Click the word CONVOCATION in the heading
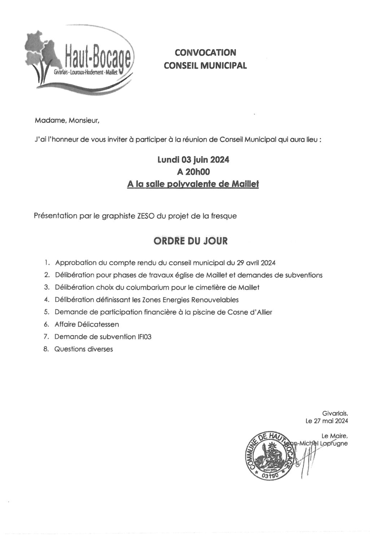click(205, 53)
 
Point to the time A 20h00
click(193, 172)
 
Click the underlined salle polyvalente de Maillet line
click(193, 184)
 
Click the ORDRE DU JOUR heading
click(191, 241)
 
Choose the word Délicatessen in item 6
click(97, 324)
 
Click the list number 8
click(46, 349)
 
